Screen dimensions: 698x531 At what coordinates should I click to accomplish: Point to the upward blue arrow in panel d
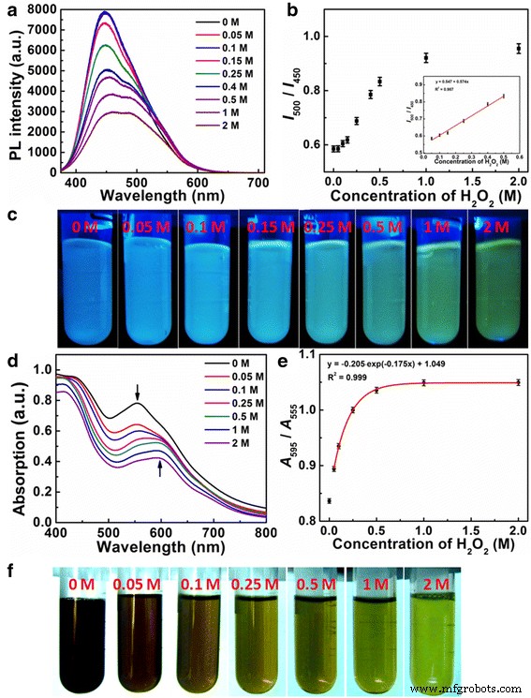point(160,468)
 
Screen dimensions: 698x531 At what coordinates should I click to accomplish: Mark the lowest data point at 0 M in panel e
point(329,501)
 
